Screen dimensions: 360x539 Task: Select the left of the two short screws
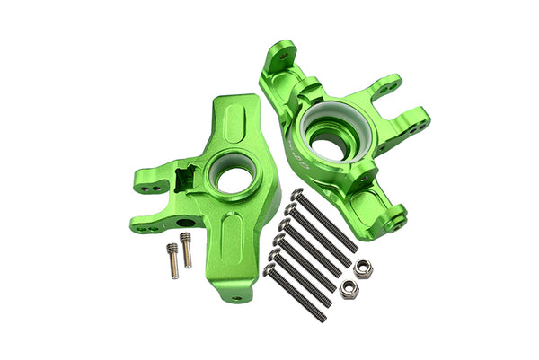(172, 259)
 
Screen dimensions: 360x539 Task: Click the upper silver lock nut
(364, 268)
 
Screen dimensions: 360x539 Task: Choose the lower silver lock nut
(346, 287)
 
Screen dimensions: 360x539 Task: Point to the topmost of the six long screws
(326, 221)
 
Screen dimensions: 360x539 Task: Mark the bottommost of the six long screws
(297, 285)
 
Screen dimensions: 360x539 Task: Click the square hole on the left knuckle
(191, 180)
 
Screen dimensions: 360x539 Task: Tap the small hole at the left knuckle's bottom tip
(237, 297)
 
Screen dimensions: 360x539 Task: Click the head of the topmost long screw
(297, 194)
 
